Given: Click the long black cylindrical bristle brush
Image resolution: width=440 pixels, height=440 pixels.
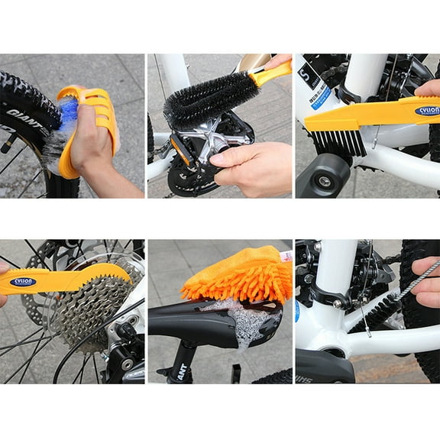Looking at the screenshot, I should tap(211, 100).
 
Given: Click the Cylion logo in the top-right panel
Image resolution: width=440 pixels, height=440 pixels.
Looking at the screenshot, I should tap(427, 111).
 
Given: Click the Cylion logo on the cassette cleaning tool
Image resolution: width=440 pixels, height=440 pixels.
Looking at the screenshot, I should tap(23, 282).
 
